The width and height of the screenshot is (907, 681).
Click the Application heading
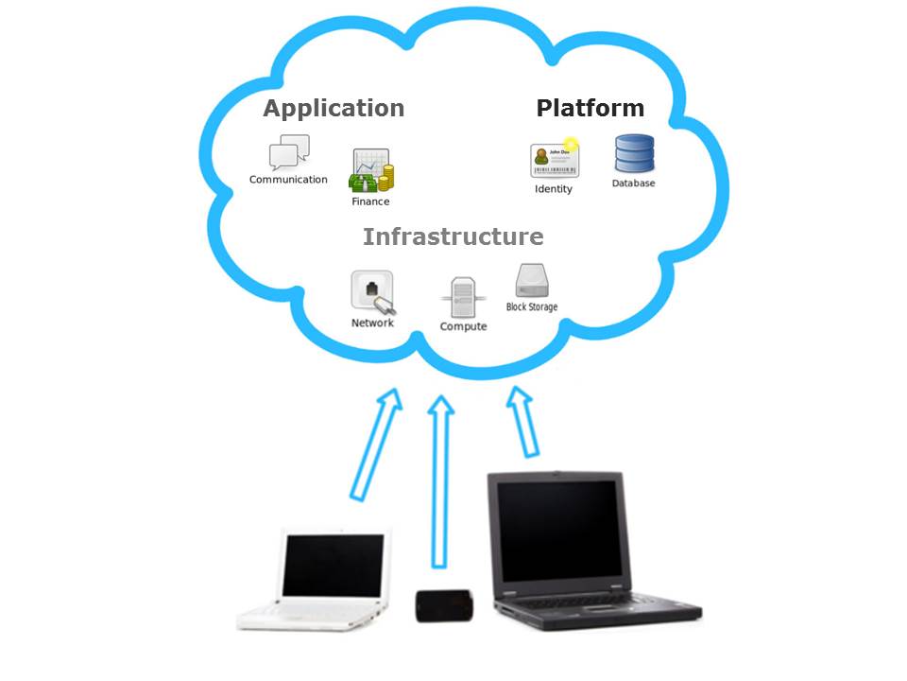pos(334,109)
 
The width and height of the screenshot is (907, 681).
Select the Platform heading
pos(590,109)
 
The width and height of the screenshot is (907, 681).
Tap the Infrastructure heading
pos(453,236)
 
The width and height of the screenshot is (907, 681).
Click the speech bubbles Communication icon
pos(289,152)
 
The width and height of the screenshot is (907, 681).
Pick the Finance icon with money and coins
pos(371,171)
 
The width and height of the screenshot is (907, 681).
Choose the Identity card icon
pos(554,160)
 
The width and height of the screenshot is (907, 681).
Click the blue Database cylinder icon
pos(634,154)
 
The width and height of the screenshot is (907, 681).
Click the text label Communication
pos(288,180)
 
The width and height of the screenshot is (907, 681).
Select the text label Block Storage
pos(532,307)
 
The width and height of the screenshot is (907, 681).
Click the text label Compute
pos(463,327)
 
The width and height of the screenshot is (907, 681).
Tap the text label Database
pos(633,183)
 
